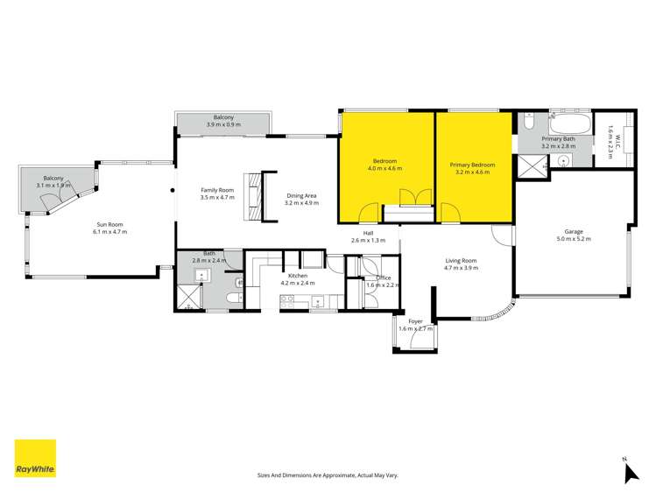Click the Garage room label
pyautogui.click(x=574, y=232)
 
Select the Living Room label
pyautogui.click(x=461, y=260)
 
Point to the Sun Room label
pyautogui.click(x=111, y=225)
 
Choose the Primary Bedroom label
pyautogui.click(x=473, y=165)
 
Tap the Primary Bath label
pyautogui.click(x=558, y=138)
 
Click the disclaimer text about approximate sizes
pyautogui.click(x=328, y=474)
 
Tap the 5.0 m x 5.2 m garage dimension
pyautogui.click(x=574, y=239)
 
